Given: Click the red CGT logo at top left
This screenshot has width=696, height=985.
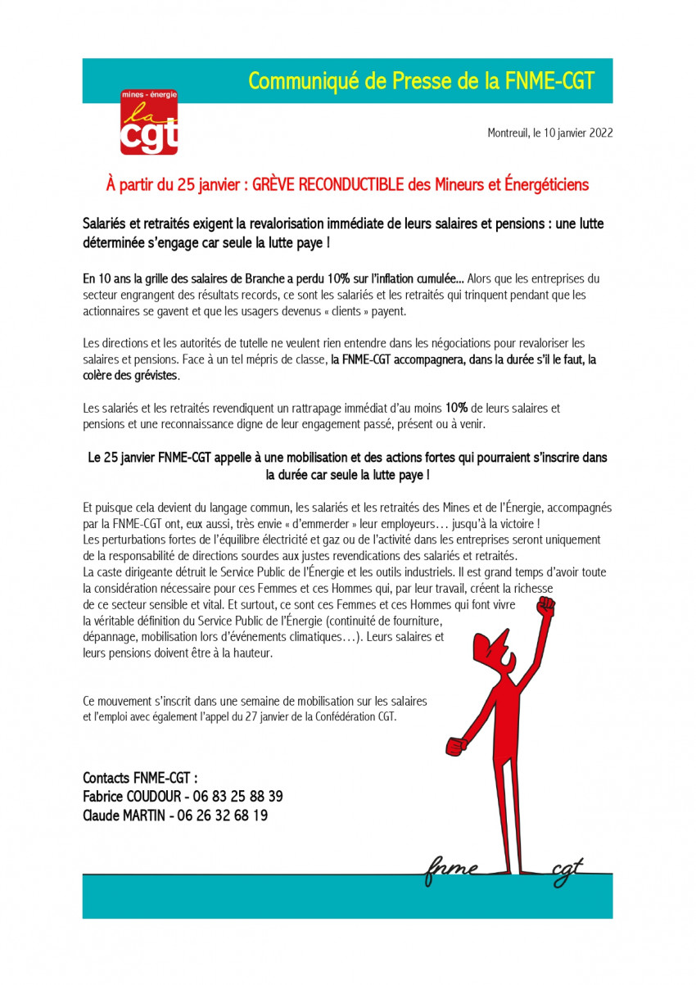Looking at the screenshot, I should point(149,123).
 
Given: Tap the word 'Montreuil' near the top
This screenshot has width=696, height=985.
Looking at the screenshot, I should point(509,133).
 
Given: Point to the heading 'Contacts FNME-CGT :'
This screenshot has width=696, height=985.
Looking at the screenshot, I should point(140,777).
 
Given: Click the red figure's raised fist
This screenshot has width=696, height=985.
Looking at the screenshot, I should point(545,607).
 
